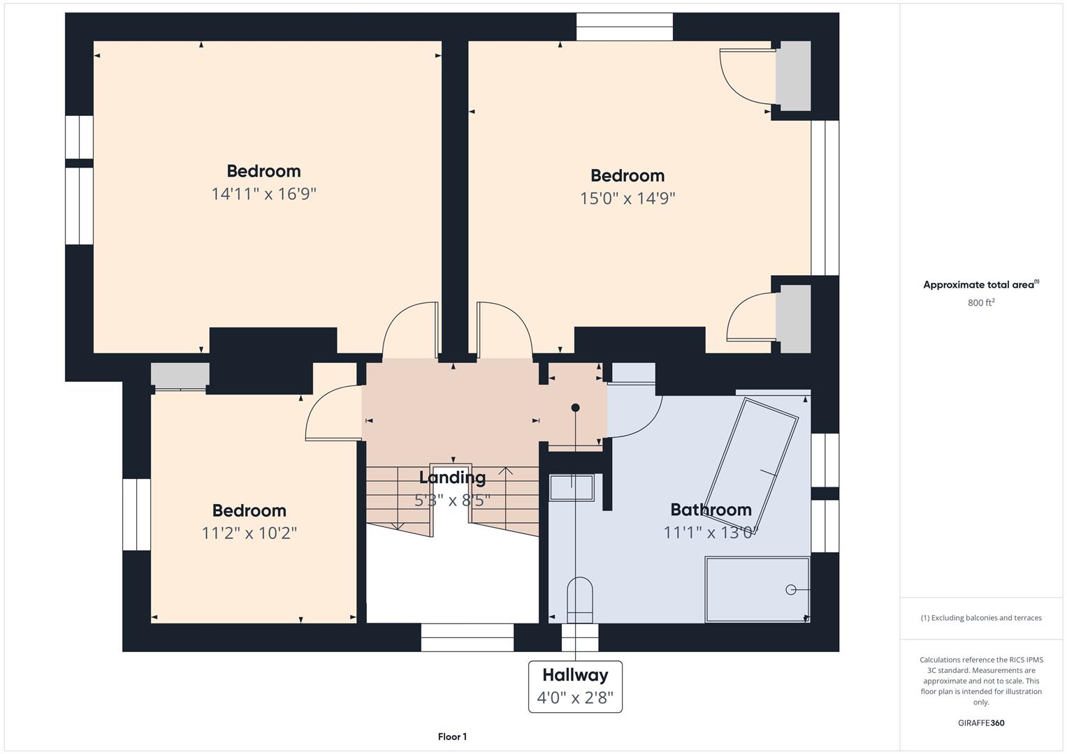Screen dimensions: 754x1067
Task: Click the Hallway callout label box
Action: click(575, 686)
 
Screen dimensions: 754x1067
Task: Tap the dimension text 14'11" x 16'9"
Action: click(264, 194)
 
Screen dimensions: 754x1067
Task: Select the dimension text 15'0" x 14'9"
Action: click(627, 198)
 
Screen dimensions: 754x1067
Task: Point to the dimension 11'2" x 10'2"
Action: click(249, 533)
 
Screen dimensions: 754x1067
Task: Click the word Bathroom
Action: click(711, 510)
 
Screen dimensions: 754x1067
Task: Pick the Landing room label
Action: click(452, 478)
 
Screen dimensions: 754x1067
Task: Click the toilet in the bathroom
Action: click(579, 600)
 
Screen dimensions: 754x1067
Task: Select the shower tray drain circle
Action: click(791, 590)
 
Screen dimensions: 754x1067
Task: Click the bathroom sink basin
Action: click(572, 487)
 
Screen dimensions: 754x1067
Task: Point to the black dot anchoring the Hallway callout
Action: click(575, 408)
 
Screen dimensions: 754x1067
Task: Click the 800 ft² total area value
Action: click(981, 303)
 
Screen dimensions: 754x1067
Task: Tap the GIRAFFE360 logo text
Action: click(981, 723)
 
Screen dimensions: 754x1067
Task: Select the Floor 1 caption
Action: click(452, 737)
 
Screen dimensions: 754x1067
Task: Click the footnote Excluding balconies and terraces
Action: click(981, 618)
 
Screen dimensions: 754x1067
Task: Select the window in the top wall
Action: click(625, 27)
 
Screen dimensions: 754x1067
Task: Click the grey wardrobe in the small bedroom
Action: click(180, 375)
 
